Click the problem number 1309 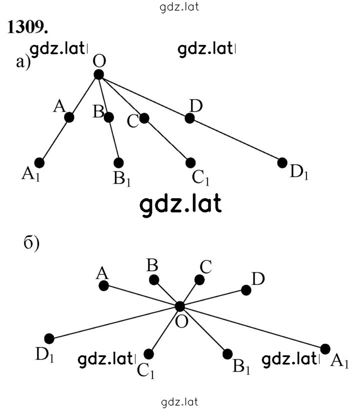click(27, 27)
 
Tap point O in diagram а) click(99, 75)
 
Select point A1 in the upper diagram click(39, 163)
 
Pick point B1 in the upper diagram click(118, 163)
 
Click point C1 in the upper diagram click(190, 163)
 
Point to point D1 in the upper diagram click(282, 163)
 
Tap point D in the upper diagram click(189, 118)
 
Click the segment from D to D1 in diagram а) click(236, 140)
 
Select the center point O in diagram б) click(179, 306)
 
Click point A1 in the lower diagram click(325, 349)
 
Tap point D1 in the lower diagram click(49, 338)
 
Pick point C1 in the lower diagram click(148, 354)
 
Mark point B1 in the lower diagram click(227, 354)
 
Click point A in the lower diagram click(103, 285)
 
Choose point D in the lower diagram click(246, 290)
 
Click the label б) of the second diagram click(31, 243)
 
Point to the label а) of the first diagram click(23, 62)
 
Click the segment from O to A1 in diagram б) click(252, 327)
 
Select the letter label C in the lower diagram click(205, 267)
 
